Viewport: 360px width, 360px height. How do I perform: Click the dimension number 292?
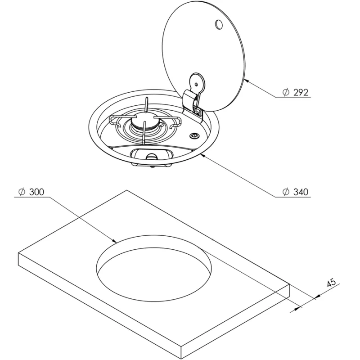tap(301, 93)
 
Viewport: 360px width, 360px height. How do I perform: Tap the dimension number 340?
tap(301, 192)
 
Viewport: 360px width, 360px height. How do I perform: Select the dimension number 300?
tap(36, 192)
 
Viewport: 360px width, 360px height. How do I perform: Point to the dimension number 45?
tap(331, 283)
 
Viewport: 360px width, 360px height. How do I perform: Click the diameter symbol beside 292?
tap(286, 93)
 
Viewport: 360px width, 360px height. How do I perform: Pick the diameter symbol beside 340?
tap(286, 192)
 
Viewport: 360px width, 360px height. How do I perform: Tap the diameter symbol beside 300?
tap(22, 192)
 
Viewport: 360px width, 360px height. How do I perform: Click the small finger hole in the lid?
tap(218, 24)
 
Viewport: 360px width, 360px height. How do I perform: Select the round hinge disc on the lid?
tap(197, 83)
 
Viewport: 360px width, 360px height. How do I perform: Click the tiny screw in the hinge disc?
tap(196, 84)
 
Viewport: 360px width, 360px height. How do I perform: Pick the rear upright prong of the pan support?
tap(147, 105)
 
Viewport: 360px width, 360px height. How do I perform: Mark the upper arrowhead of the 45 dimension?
tap(318, 297)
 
